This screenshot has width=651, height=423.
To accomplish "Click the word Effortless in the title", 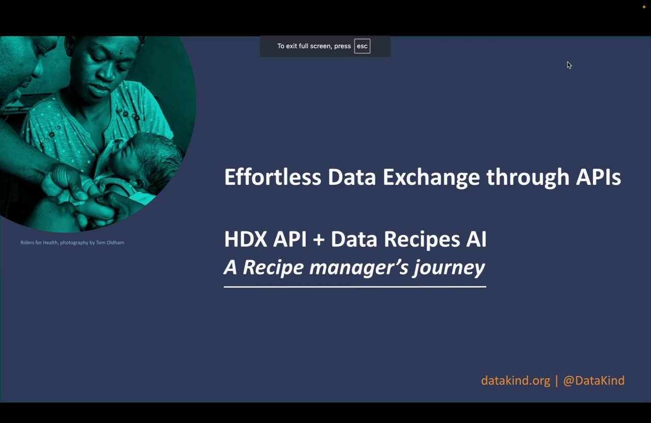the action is click(x=273, y=177).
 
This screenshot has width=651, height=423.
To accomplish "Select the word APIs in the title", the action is click(x=599, y=177).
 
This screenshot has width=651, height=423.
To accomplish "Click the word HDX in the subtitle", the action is click(x=246, y=239).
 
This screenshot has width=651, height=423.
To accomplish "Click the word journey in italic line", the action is click(x=449, y=268).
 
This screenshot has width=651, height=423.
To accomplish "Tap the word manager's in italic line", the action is click(x=359, y=268).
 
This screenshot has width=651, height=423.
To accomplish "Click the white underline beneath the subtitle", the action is click(x=355, y=287).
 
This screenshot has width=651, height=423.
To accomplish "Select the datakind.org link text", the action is click(x=516, y=381).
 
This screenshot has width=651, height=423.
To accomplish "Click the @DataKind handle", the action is click(x=594, y=381).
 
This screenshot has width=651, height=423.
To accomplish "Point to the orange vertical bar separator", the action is click(x=556, y=381).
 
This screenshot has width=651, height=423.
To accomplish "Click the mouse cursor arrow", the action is click(x=569, y=65).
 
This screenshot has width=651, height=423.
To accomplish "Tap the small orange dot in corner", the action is click(x=644, y=7).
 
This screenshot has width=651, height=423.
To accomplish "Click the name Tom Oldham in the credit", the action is click(x=110, y=243).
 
